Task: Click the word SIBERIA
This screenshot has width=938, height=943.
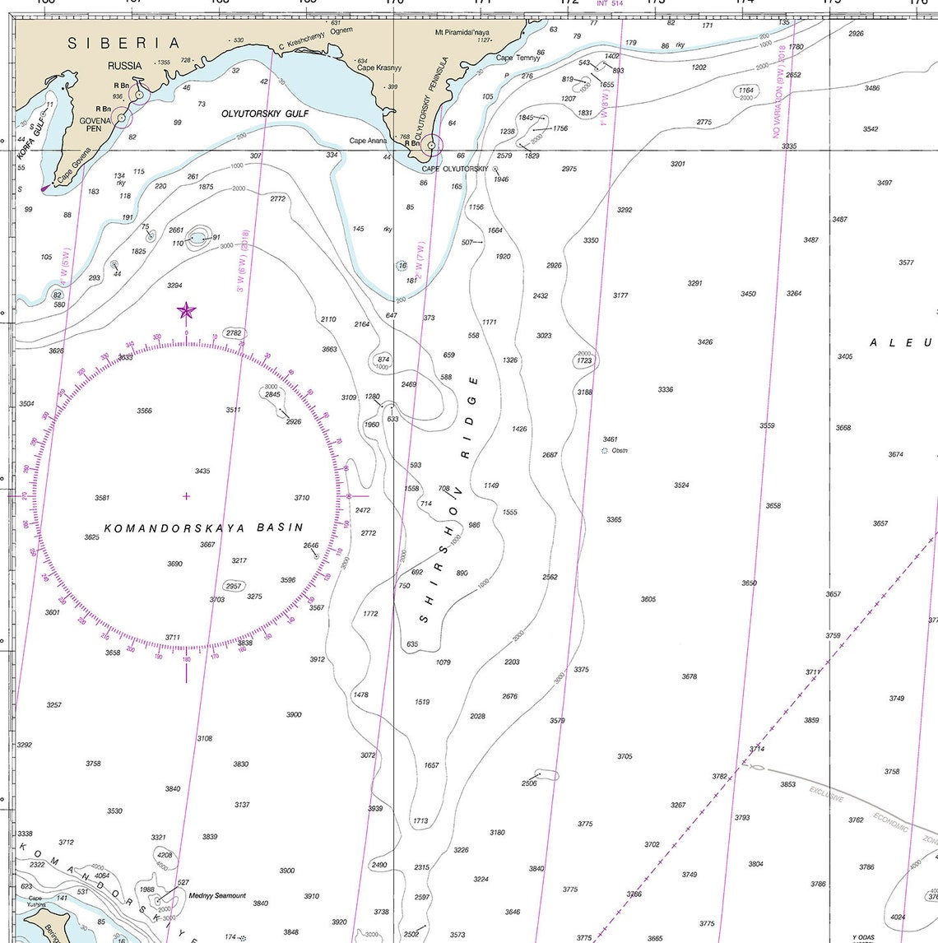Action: coord(123,44)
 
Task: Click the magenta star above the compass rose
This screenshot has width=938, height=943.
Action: coord(187,311)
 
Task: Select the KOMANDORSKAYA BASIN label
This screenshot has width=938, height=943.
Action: coord(204,527)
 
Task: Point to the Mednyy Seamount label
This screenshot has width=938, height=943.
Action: coord(217,895)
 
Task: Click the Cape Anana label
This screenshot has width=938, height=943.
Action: coord(368,141)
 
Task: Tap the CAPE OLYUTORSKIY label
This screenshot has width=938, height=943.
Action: coord(455,169)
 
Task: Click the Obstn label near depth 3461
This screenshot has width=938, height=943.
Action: coord(620,450)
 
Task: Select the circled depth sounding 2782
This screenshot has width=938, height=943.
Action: coord(234,333)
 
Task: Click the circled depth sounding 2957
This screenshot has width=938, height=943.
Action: coord(234,586)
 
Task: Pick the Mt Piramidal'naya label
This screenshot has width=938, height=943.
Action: coord(462,33)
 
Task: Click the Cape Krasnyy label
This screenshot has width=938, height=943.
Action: coord(379,67)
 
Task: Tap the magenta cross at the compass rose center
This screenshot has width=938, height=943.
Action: coord(187,495)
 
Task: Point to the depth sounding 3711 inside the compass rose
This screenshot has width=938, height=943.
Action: coord(172,637)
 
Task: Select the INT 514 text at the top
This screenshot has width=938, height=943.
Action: coord(610,3)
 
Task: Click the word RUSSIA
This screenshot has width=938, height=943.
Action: coord(124,65)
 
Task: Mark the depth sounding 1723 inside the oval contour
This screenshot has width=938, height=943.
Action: coord(584,360)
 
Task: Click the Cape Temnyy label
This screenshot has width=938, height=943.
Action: coord(518,58)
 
